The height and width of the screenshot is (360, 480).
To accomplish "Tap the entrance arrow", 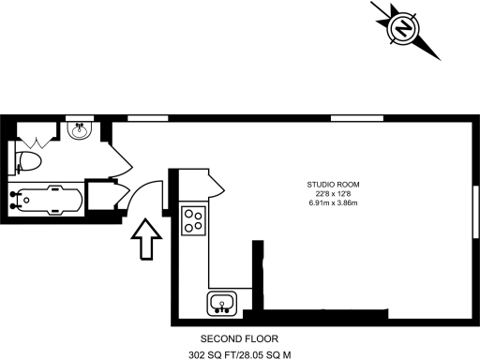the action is [x=146, y=240].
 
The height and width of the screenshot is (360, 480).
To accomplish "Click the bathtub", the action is [x=44, y=199].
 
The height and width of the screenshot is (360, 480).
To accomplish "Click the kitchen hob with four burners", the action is [x=194, y=220].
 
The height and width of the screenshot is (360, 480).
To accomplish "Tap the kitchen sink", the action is [x=222, y=303].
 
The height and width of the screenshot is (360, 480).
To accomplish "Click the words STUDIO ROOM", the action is [x=334, y=184].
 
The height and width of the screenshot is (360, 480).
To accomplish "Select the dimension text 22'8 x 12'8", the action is [x=334, y=194].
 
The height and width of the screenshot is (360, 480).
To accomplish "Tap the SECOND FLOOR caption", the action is [x=239, y=338].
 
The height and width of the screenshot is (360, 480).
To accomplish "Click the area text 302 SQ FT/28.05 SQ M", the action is [x=240, y=354].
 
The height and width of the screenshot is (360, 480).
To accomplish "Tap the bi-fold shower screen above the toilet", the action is [x=37, y=142].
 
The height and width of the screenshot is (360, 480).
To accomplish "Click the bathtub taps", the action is [x=13, y=199].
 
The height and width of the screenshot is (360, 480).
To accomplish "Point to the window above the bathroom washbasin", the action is [x=81, y=118].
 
